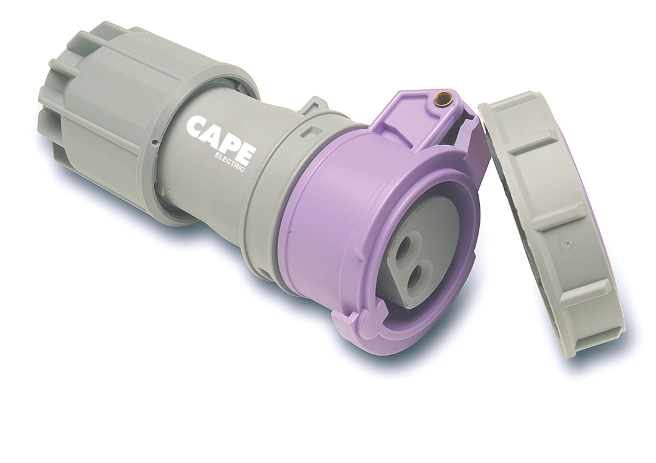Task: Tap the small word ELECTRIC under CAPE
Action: (x=230, y=163)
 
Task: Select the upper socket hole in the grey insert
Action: (x=404, y=247)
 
